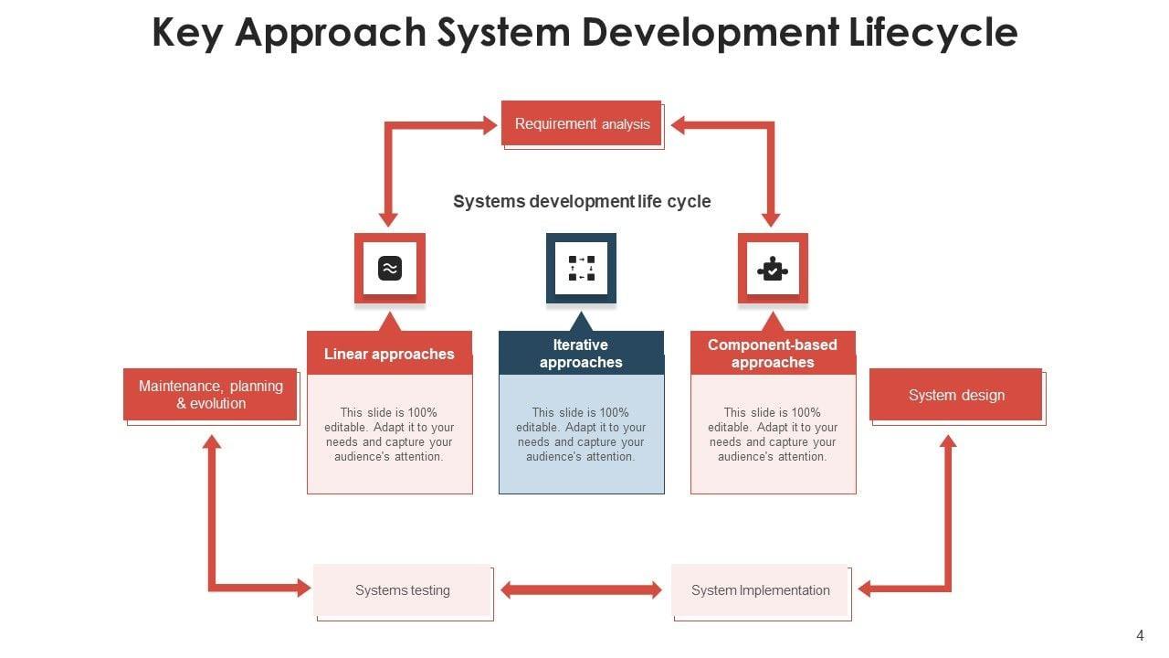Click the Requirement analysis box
(582, 123)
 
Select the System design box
(956, 395)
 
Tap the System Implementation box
(761, 590)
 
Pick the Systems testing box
(403, 590)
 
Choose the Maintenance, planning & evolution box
(211, 395)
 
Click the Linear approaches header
(389, 354)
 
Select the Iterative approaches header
(581, 354)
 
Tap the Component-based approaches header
(773, 354)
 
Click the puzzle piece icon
(773, 269)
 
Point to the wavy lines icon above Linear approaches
(390, 268)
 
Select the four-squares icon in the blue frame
(582, 268)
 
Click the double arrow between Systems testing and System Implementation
(581, 590)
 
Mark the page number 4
(1140, 636)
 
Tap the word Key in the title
(189, 33)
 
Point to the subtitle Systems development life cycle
(582, 201)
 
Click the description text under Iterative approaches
(581, 434)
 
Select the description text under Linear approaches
(389, 434)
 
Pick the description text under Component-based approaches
(773, 434)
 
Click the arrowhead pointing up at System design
(948, 442)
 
